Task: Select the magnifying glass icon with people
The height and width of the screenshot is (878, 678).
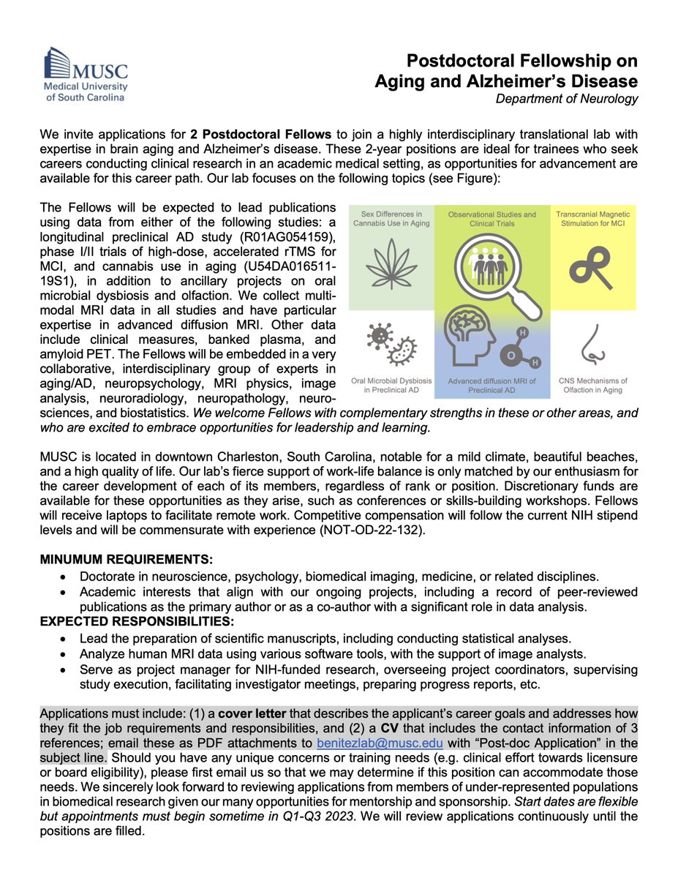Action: pos(483,268)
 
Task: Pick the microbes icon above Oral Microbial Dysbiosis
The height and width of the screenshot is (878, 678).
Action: pos(391,341)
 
